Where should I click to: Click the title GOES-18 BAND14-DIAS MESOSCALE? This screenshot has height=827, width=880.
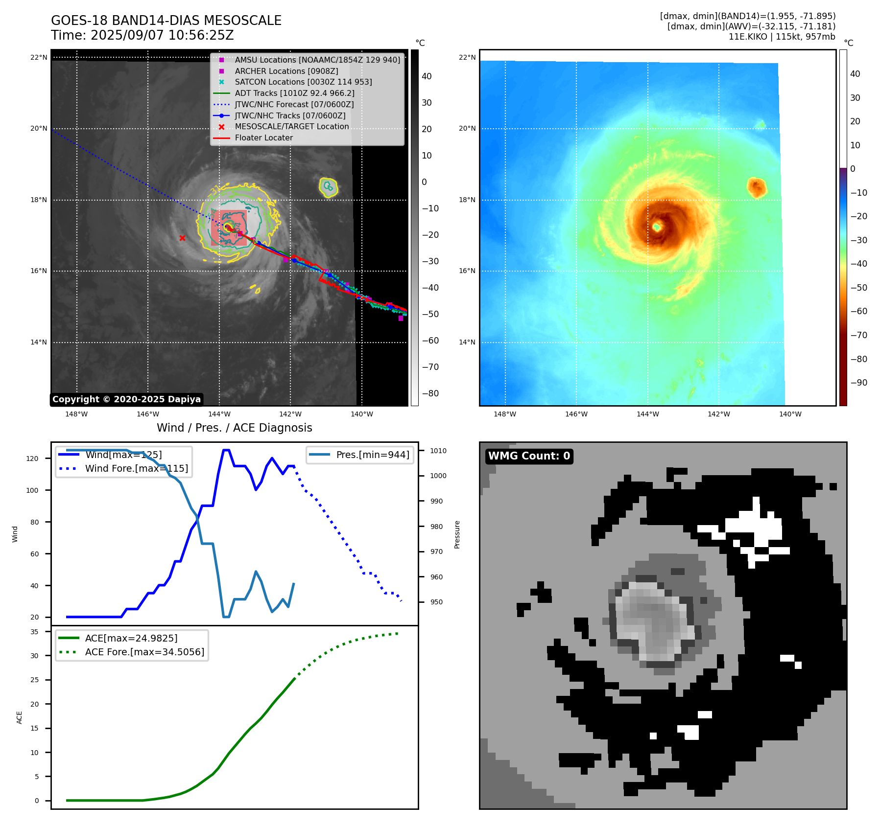(166, 21)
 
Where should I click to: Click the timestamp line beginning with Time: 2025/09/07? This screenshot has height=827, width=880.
(142, 35)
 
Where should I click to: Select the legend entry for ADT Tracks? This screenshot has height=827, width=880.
(294, 93)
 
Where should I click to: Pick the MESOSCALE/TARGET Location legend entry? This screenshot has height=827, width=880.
(291, 126)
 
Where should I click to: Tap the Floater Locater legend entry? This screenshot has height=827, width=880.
(263, 138)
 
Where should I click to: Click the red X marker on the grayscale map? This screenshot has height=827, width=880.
(182, 238)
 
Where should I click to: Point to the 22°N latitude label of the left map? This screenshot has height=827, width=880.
(39, 57)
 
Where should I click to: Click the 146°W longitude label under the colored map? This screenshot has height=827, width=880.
(576, 414)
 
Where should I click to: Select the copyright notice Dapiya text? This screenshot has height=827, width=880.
(126, 399)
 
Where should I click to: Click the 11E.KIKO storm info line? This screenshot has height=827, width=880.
(782, 37)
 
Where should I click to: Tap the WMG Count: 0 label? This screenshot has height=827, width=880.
(529, 456)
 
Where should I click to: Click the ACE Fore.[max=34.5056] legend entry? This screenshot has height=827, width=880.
(144, 652)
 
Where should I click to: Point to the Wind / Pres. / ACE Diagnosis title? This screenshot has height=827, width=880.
(234, 428)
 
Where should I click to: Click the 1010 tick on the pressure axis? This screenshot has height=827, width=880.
(438, 451)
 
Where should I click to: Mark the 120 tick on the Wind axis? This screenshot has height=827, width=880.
(32, 459)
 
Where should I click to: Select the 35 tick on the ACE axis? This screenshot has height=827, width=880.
(34, 632)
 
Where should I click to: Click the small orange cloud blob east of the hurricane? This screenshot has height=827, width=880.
(757, 187)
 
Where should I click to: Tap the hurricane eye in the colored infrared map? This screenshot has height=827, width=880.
(657, 226)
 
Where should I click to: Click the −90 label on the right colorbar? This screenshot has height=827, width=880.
(858, 383)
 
